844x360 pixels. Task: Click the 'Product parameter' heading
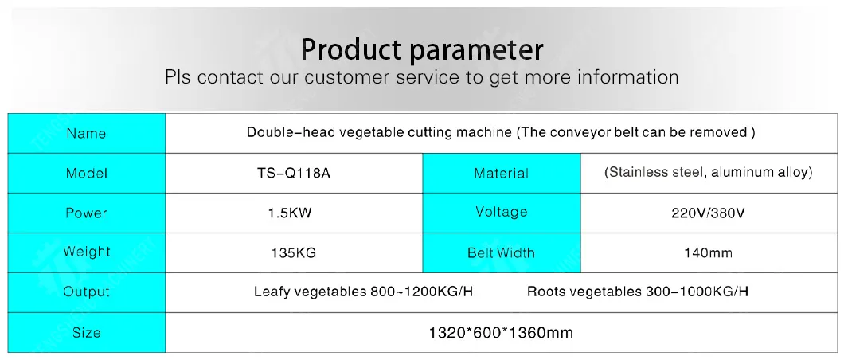point(421,49)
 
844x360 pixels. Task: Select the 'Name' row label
point(86,134)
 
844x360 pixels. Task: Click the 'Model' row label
point(86,174)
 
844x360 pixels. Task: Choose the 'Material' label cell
point(501,174)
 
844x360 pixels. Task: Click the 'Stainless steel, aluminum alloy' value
point(708,172)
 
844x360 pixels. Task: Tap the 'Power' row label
point(86,213)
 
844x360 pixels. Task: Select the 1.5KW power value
point(290,213)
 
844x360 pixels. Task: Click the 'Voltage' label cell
point(501,212)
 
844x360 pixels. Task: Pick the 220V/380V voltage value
point(708,213)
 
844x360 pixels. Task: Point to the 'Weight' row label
point(86,252)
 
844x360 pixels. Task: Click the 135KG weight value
point(293,253)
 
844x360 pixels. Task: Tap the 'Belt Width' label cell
point(501,253)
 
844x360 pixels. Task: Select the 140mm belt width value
point(708,253)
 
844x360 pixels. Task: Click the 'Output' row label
point(86,292)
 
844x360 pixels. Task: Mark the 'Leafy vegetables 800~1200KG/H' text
point(363,292)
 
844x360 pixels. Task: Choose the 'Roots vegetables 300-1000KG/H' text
point(637,292)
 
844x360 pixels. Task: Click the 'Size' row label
point(86,333)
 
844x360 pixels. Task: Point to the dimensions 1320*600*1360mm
point(501,333)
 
